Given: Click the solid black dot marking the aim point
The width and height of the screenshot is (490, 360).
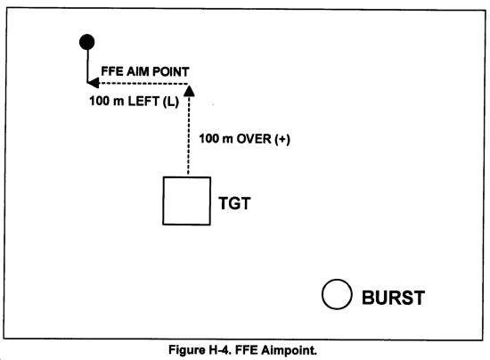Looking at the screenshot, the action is click(87, 42).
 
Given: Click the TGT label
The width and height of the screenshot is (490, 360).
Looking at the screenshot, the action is click(234, 203).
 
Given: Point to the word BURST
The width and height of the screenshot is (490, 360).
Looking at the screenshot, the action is click(393, 298).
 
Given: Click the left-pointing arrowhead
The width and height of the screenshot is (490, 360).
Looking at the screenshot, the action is click(94, 83).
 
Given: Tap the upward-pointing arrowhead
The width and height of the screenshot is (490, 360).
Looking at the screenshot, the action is click(189, 91).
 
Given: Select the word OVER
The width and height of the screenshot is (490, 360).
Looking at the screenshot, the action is click(254, 139).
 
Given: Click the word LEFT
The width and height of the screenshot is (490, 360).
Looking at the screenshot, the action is click(143, 102).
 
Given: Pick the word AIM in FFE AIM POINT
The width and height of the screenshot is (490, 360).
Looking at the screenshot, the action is click(137, 71).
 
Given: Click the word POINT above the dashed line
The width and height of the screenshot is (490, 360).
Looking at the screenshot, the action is click(171, 71).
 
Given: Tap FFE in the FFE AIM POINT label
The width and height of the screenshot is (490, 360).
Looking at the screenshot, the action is click(112, 71).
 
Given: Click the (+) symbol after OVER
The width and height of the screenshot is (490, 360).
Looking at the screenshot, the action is click(282, 139).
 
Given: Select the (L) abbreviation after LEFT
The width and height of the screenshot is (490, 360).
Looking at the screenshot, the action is click(170, 102).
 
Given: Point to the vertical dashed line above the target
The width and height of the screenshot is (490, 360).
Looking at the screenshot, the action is click(188, 135).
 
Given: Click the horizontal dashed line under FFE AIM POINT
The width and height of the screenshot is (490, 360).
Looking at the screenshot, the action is click(143, 84).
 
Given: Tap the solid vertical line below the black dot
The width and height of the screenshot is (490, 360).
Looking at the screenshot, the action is click(87, 66).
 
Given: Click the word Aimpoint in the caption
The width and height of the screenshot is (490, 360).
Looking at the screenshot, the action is click(289, 350).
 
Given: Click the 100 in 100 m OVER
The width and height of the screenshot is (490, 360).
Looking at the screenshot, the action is click(208, 139).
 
